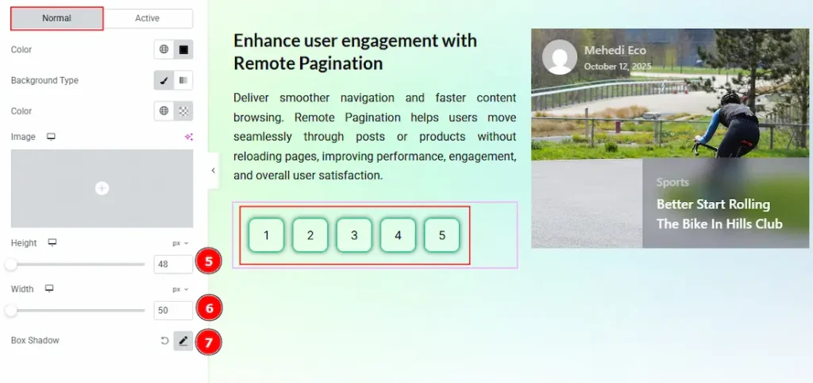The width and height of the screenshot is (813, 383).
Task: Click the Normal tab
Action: pyautogui.click(x=57, y=18)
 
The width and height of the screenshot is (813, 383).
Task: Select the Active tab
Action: pyautogui.click(x=147, y=18)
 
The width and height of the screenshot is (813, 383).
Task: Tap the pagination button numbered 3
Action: pyautogui.click(x=354, y=235)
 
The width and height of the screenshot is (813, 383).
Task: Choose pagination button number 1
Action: pyautogui.click(x=266, y=235)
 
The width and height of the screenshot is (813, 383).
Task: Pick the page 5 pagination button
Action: pyautogui.click(x=441, y=235)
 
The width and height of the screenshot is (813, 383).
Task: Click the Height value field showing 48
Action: pyautogui.click(x=173, y=264)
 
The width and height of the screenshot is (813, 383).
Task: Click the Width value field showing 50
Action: pyautogui.click(x=173, y=311)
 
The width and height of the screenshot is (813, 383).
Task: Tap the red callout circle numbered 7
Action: pyautogui.click(x=209, y=342)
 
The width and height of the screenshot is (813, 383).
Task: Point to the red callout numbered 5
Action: pyautogui.click(x=209, y=261)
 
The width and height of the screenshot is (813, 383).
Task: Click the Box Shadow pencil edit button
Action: pyautogui.click(x=183, y=341)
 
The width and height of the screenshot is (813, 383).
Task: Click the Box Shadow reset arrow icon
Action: pyautogui.click(x=164, y=341)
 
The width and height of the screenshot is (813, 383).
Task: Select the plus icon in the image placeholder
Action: pyautogui.click(x=102, y=188)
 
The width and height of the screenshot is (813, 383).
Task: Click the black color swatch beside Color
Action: pyautogui.click(x=183, y=50)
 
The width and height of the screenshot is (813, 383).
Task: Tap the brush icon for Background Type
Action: pyautogui.click(x=164, y=80)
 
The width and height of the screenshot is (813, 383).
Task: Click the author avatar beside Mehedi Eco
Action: pyautogui.click(x=560, y=57)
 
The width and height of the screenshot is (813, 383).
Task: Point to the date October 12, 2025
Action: pyautogui.click(x=618, y=67)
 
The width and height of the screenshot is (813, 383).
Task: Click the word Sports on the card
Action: pyautogui.click(x=672, y=182)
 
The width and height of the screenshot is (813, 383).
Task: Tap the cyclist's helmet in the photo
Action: pyautogui.click(x=730, y=98)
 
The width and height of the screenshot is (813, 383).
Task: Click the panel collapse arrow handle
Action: pyautogui.click(x=213, y=170)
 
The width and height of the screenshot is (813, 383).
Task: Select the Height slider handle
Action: pyautogui.click(x=10, y=265)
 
